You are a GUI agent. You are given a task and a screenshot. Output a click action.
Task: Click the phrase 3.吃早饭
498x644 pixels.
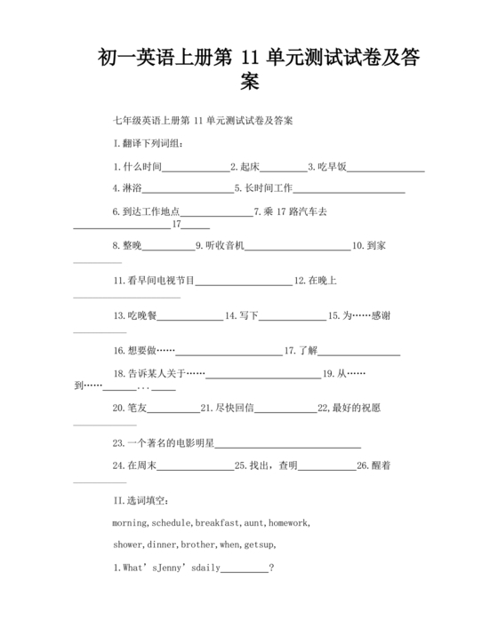[327, 166]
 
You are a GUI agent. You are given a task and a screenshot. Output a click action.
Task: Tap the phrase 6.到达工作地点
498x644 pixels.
[147, 211]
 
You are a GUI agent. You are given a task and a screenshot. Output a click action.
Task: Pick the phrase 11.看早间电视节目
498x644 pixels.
[154, 281]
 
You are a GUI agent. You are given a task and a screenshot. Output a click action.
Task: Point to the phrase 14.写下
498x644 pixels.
[241, 315]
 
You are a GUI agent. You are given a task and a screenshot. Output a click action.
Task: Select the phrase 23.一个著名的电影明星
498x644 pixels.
[164, 442]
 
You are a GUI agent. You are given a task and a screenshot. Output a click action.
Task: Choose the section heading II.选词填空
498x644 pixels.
[146, 500]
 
